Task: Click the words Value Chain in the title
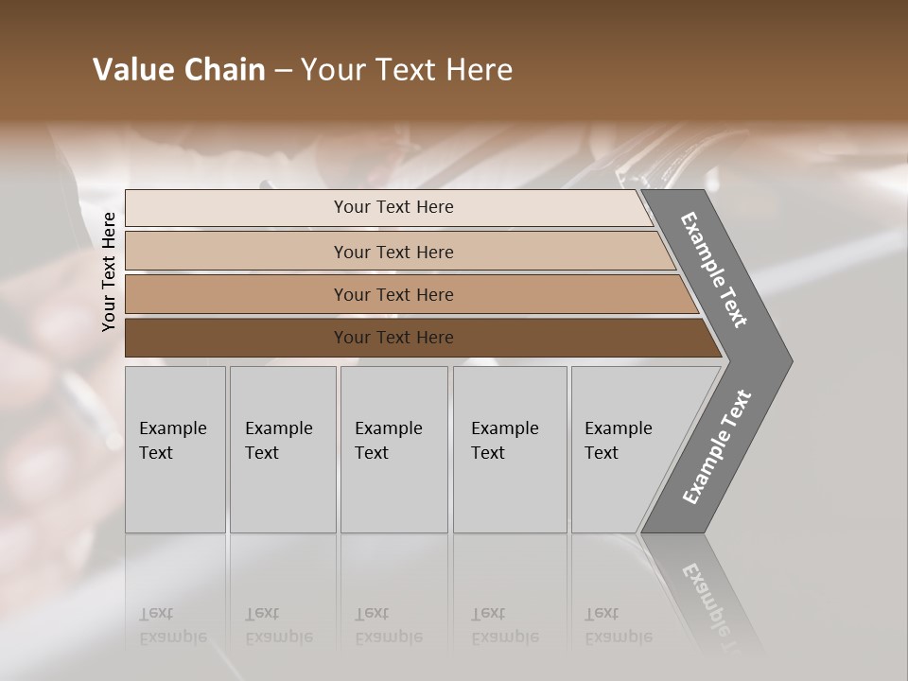pyautogui.click(x=179, y=70)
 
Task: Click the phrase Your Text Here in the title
pyautogui.click(x=407, y=70)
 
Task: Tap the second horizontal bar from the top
pyautogui.click(x=393, y=252)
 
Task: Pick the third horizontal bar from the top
pyautogui.click(x=393, y=294)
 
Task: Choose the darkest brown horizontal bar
pyautogui.click(x=393, y=338)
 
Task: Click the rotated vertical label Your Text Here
pyautogui.click(x=109, y=271)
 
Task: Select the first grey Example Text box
pyautogui.click(x=175, y=449)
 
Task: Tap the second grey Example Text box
pyautogui.click(x=283, y=449)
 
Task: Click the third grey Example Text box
pyautogui.click(x=393, y=449)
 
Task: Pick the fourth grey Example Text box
pyautogui.click(x=510, y=449)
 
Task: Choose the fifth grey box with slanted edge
pyautogui.click(x=624, y=449)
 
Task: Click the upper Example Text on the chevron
pyautogui.click(x=714, y=270)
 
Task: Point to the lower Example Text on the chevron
pyautogui.click(x=716, y=447)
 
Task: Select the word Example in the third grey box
pyautogui.click(x=388, y=428)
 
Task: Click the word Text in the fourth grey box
pyautogui.click(x=488, y=453)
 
